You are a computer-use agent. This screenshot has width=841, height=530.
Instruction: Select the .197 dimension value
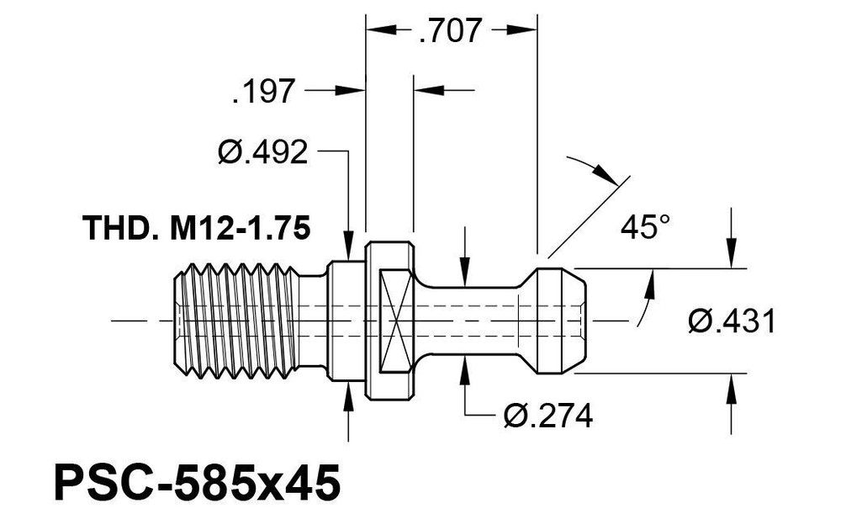(x=264, y=91)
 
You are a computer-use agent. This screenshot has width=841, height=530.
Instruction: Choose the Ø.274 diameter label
(x=547, y=415)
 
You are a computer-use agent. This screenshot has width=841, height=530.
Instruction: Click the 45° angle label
(x=645, y=226)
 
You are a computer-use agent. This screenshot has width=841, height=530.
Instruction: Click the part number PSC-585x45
(x=197, y=484)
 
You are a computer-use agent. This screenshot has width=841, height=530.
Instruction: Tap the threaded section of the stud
(x=239, y=321)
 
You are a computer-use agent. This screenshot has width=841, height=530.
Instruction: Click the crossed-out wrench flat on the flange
(x=396, y=321)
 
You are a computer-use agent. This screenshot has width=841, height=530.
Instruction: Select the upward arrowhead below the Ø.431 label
(x=731, y=390)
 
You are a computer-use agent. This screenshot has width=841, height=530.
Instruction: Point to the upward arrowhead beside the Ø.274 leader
(x=466, y=371)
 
